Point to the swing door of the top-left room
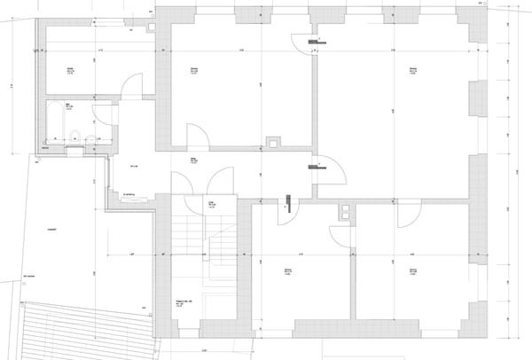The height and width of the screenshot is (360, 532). point(131,87)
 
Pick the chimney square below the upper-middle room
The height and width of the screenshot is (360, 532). point(274,141)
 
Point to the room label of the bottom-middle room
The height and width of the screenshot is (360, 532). point(288,271)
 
